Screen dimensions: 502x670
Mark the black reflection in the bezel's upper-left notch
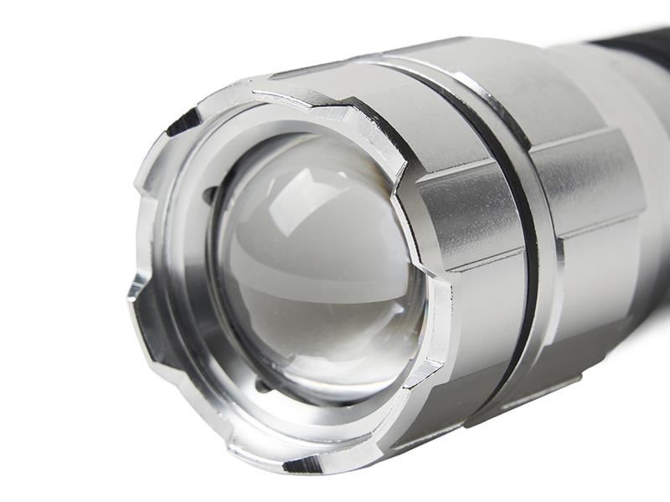pyautogui.click(x=183, y=123)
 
